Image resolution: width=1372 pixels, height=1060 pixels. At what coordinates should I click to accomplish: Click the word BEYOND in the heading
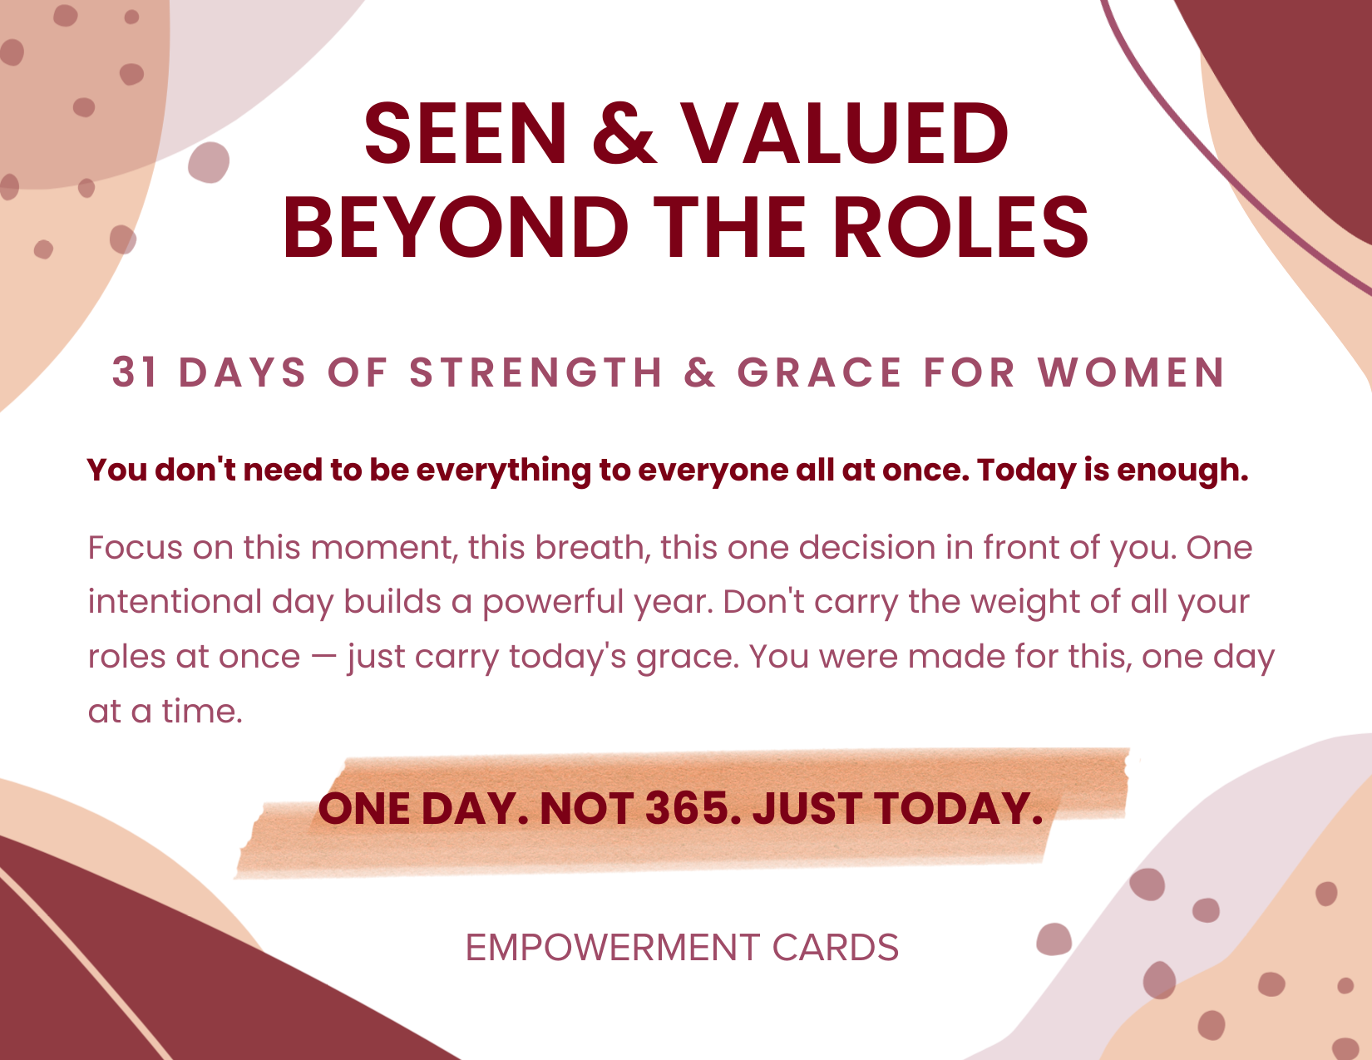(x=456, y=227)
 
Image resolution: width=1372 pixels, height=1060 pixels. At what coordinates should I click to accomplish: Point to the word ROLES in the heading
(x=960, y=227)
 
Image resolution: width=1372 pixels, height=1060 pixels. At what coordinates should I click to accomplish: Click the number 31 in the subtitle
(x=135, y=372)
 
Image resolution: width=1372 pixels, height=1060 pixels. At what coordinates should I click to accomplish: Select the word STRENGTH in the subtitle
(x=535, y=372)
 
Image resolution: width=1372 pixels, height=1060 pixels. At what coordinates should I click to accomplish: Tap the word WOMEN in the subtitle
(x=1132, y=372)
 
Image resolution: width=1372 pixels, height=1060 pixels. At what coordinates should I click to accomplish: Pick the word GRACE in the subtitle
(x=819, y=372)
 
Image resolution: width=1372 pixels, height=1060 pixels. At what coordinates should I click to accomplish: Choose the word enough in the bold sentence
(x=1182, y=471)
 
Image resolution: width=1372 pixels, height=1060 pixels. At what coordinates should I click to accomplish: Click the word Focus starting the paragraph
(x=135, y=547)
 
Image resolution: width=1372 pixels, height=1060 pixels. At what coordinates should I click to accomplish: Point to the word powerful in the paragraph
(x=553, y=603)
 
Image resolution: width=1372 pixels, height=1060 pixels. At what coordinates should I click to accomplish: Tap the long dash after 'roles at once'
(x=324, y=658)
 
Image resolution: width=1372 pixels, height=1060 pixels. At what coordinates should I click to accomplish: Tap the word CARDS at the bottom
(x=836, y=948)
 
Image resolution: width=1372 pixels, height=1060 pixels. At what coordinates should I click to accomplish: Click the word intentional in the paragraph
(x=175, y=602)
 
